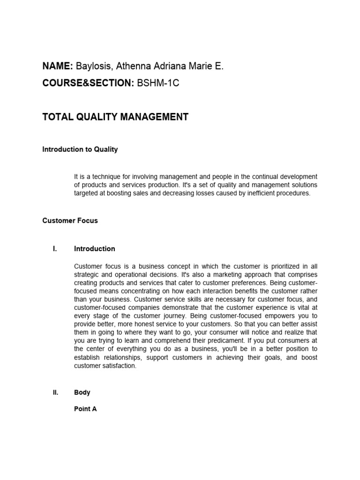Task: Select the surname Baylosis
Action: (94, 67)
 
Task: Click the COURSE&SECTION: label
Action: (88, 83)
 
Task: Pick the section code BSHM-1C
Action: (158, 83)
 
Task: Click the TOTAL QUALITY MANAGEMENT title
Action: (115, 117)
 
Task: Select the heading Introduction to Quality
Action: (80, 150)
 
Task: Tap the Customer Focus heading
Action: (70, 220)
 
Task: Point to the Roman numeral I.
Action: (55, 249)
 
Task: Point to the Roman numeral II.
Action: (55, 393)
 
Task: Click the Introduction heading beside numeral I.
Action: (94, 249)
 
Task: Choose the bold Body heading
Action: (82, 393)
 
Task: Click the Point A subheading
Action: (85, 409)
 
